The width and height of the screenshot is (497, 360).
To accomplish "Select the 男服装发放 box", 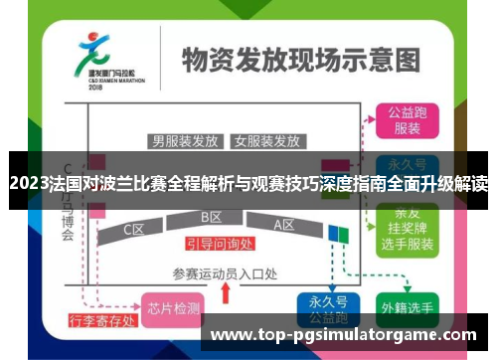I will click(x=184, y=140).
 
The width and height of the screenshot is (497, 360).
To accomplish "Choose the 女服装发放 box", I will click(x=266, y=140).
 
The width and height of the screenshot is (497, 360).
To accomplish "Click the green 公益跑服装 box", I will click(x=408, y=119).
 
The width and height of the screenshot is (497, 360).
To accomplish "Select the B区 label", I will click(x=211, y=217).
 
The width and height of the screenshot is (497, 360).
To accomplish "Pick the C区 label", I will click(x=134, y=230).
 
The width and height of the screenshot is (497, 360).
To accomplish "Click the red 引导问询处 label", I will click(x=220, y=243).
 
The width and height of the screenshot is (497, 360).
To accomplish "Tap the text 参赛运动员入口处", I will click(x=224, y=273).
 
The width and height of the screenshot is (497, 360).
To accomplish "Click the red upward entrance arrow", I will click(x=227, y=292).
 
